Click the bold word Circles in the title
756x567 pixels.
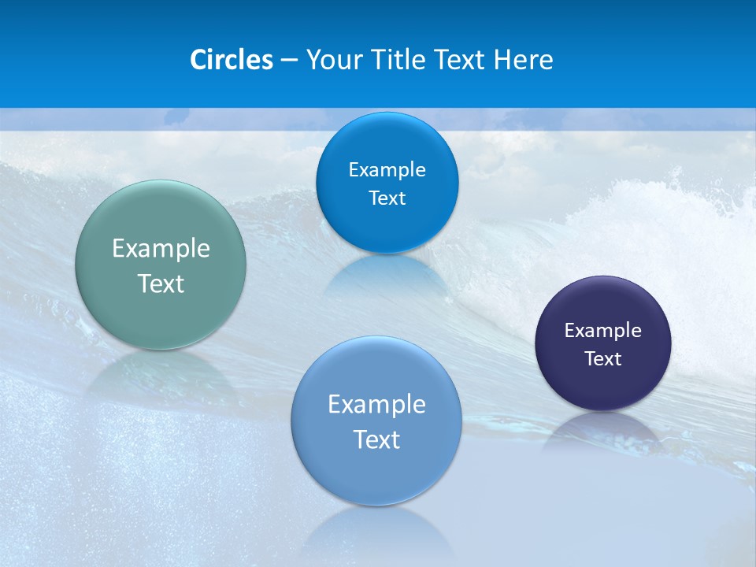(232, 60)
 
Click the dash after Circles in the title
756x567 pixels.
(289, 60)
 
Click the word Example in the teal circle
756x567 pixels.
(161, 249)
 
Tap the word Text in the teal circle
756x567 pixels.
(161, 283)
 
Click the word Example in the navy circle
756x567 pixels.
(603, 331)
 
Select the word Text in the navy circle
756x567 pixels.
(603, 359)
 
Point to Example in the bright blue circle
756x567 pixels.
(387, 170)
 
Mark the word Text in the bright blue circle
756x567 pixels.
(387, 198)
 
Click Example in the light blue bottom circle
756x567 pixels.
(376, 405)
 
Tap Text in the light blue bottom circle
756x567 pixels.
(376, 439)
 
